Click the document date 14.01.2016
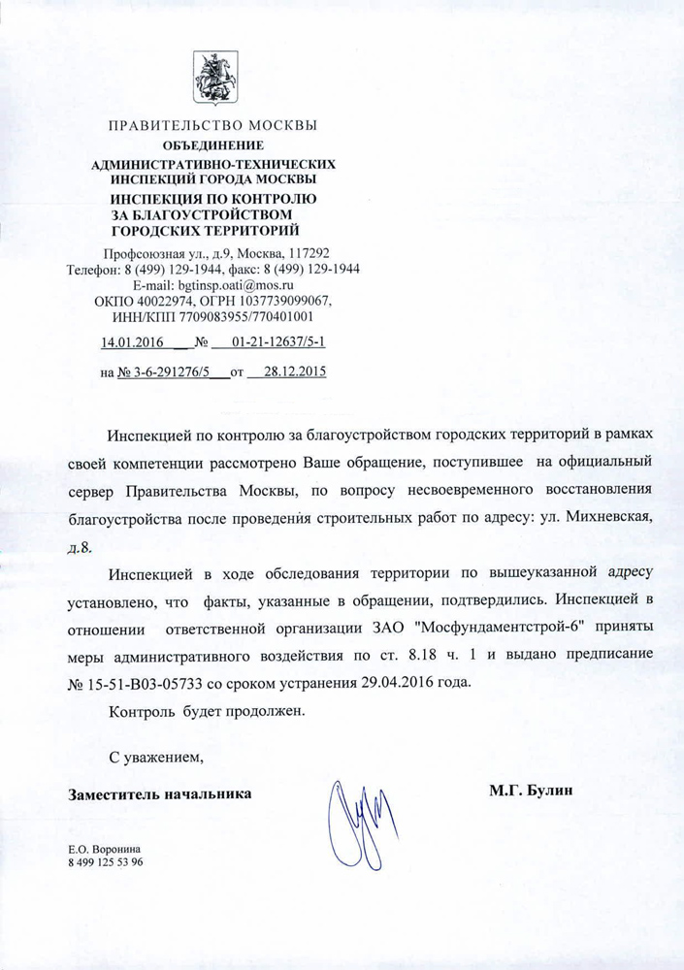(132, 341)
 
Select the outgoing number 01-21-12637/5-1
(278, 341)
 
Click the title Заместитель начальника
(159, 793)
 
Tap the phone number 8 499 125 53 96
(105, 862)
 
